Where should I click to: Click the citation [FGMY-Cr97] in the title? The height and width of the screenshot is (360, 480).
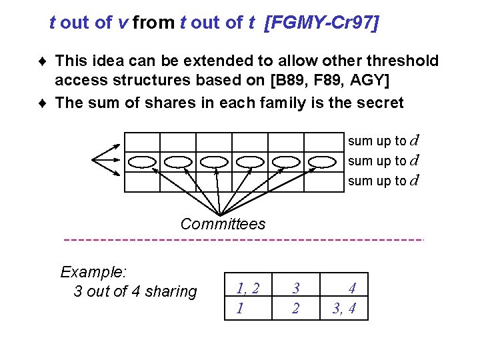click(x=322, y=23)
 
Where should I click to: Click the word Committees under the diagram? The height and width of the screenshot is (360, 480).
click(x=223, y=224)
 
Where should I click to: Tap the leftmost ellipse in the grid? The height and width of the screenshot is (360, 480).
click(x=141, y=161)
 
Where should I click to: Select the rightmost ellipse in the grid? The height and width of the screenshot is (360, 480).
click(x=322, y=161)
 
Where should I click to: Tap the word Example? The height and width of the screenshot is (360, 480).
click(x=93, y=272)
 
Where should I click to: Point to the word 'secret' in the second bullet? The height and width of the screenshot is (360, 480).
click(x=379, y=103)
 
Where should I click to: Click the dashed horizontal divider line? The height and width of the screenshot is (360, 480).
click(x=243, y=239)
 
